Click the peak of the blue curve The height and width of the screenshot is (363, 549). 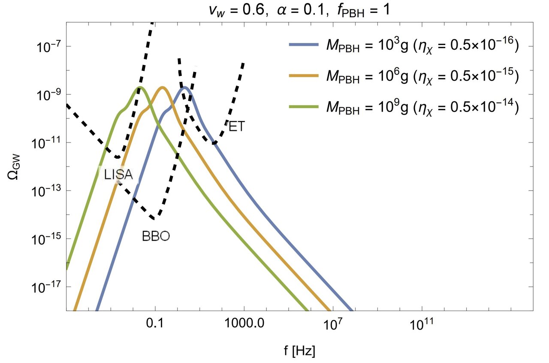point(184,88)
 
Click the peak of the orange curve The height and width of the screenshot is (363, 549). point(162,88)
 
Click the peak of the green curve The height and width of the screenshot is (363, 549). point(140,88)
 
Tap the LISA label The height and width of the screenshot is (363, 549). point(118,174)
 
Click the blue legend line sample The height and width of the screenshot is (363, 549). point(304,44)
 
